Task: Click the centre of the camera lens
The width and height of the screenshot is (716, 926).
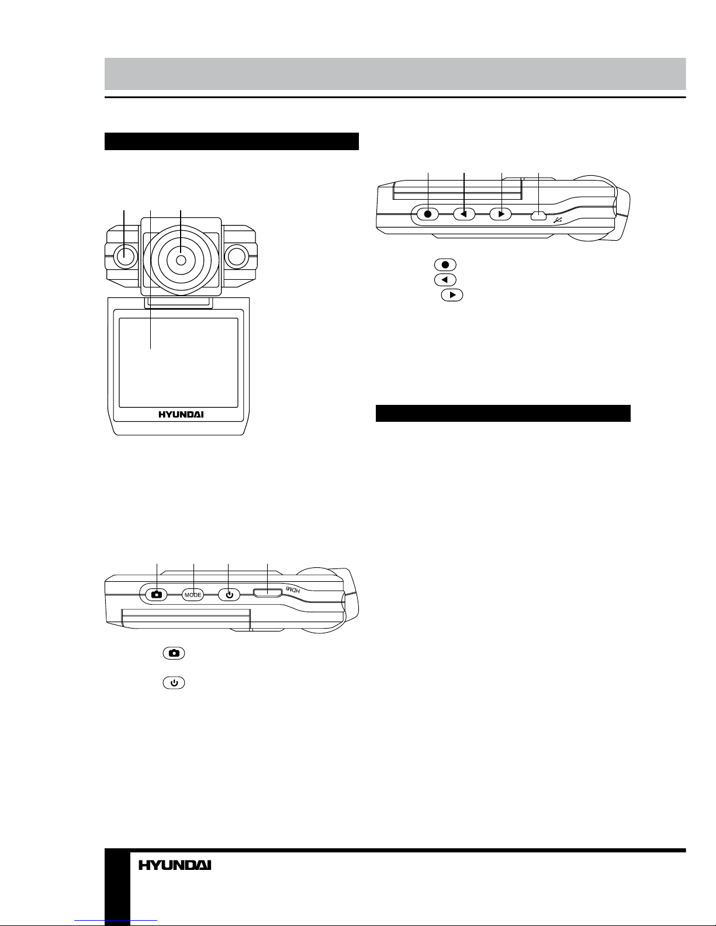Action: tap(181, 261)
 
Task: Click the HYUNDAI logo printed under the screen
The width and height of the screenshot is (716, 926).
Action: tap(181, 414)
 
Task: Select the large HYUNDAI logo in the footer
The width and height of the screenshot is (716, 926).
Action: tap(175, 865)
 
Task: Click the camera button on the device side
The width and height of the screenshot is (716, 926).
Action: tap(157, 595)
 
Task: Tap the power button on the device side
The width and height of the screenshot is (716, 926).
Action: tap(229, 595)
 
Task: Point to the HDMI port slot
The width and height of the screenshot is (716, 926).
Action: tap(268, 592)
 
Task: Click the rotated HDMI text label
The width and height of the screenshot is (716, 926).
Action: tap(293, 590)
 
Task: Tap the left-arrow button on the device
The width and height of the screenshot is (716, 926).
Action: tap(464, 213)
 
